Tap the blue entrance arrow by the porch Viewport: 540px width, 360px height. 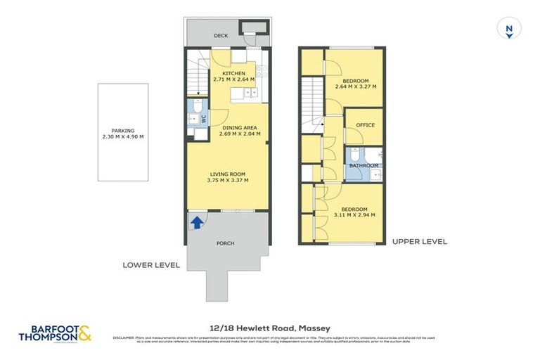(198, 223)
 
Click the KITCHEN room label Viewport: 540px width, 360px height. (233, 74)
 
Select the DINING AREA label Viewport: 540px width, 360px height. (239, 127)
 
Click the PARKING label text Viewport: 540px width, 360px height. (122, 130)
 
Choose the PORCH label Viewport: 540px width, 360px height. (225, 243)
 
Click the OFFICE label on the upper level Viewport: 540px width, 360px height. (365, 125)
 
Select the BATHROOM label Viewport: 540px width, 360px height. (364, 166)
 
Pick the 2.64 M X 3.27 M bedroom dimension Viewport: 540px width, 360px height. (355, 86)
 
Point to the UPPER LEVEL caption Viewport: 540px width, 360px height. (419, 241)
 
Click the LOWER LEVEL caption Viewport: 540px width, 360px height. (151, 265)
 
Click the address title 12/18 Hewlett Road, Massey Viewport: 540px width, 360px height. (270, 328)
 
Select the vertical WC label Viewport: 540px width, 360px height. (204, 120)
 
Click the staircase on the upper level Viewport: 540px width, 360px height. (312, 98)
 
